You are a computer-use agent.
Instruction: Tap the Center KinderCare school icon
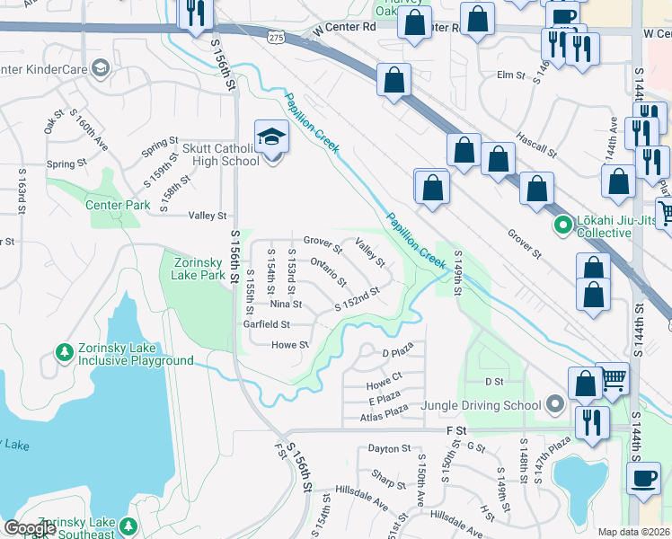[x=100, y=67]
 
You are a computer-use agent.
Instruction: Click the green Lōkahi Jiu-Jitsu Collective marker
[x=563, y=225]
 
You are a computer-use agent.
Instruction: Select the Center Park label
[x=118, y=205]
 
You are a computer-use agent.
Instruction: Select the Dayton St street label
[x=389, y=447]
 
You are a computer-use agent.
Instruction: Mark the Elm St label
[x=509, y=75]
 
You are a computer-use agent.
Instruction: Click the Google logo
[x=30, y=528]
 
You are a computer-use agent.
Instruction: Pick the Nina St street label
[x=285, y=305]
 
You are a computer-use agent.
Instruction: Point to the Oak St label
[x=54, y=119]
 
